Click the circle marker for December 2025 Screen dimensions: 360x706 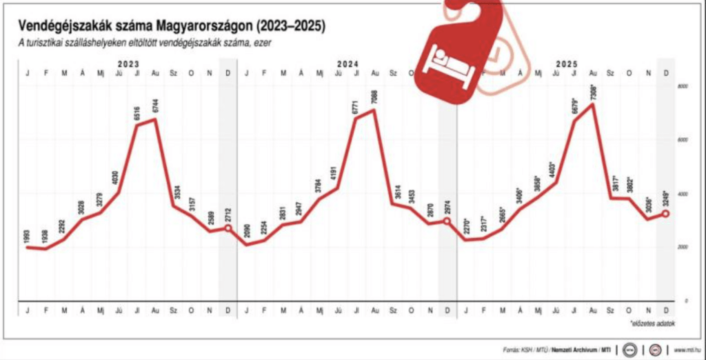pyautogui.click(x=665, y=214)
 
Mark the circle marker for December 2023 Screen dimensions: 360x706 pyautogui.click(x=228, y=228)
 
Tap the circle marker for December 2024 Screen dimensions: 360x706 pyautogui.click(x=447, y=221)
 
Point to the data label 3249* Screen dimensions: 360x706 pyautogui.click(x=665, y=200)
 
